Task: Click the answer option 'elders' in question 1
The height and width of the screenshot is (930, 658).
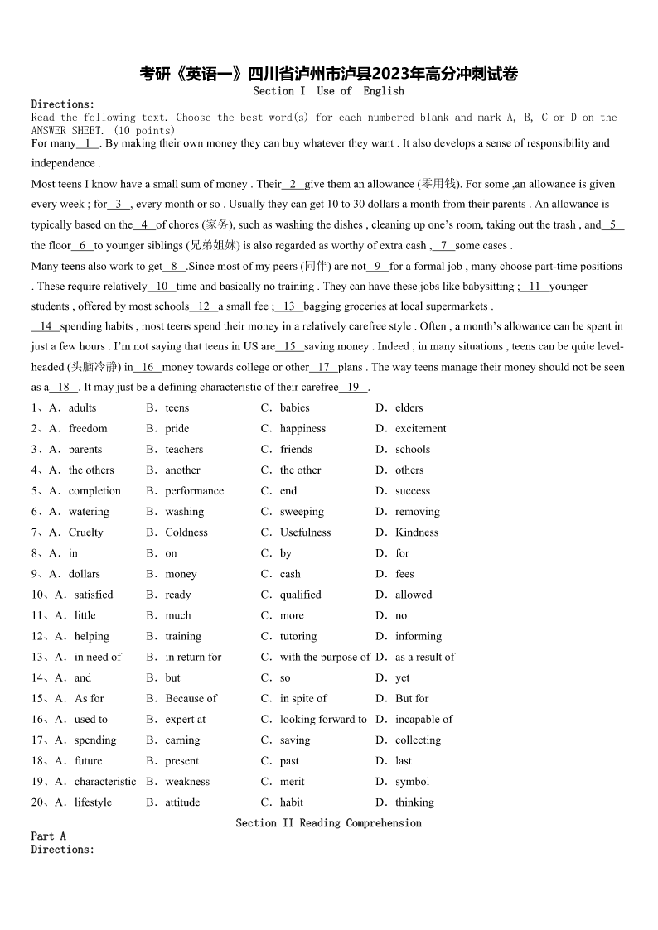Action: [x=409, y=408]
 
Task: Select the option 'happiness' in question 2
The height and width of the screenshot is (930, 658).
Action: [x=302, y=429]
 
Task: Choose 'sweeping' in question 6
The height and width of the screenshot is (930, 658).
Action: [x=302, y=512]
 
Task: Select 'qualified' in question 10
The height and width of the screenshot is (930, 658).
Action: [x=300, y=595]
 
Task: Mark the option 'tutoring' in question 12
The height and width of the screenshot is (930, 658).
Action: [x=298, y=636]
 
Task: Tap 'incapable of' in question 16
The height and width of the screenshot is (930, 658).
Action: [x=423, y=719]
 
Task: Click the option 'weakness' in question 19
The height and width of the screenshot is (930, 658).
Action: [x=187, y=781]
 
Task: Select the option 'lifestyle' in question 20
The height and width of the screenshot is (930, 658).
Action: [x=93, y=802]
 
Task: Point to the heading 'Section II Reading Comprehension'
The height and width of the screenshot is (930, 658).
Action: [x=328, y=823]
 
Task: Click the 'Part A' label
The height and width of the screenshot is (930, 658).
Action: [x=48, y=836]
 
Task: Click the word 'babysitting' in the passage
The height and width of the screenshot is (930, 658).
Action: [x=486, y=287]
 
